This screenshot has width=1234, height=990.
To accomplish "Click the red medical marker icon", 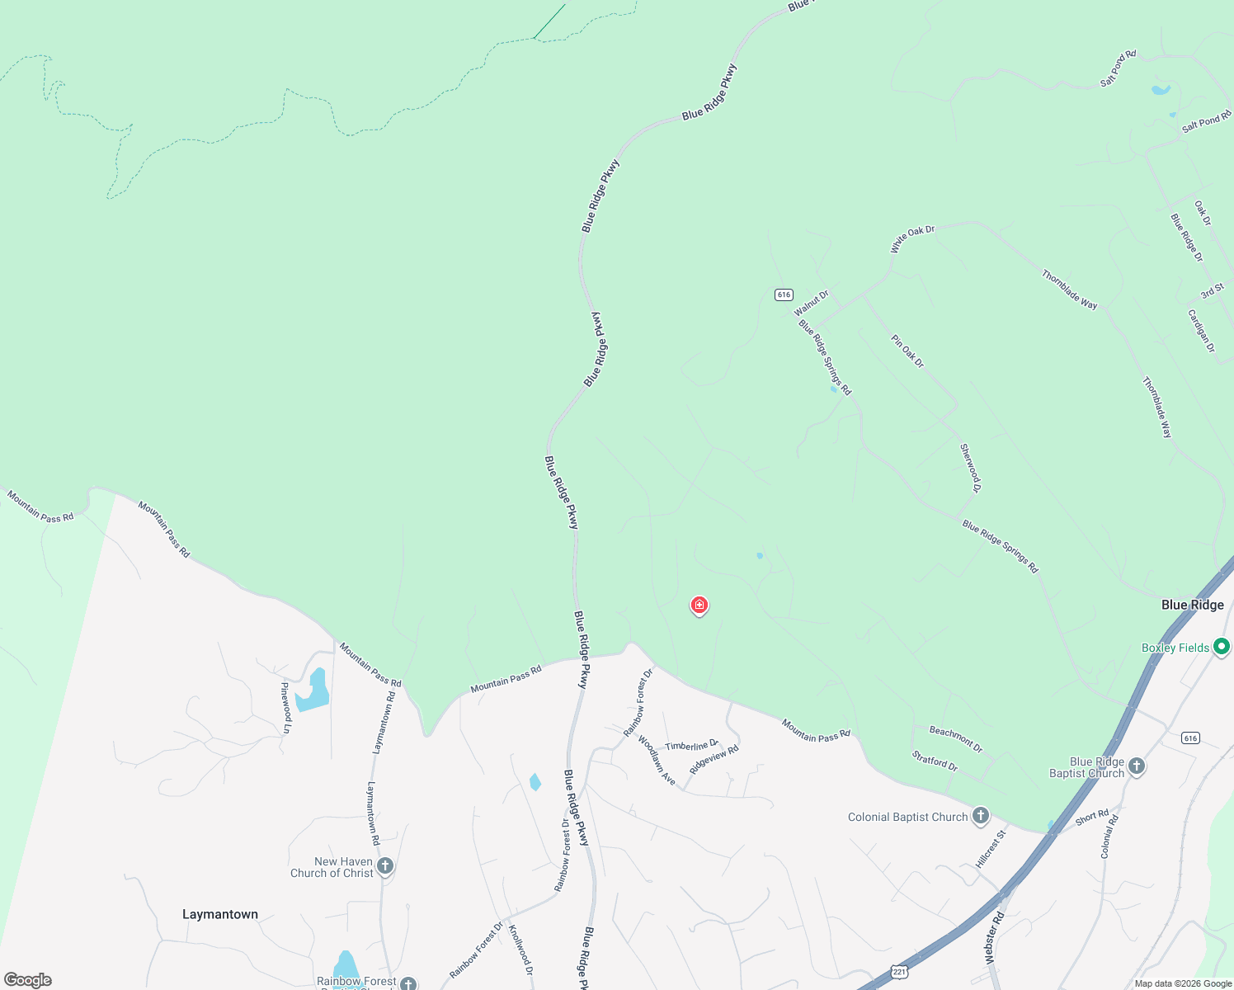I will pos(699,606).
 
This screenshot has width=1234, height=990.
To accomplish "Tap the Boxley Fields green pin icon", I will pos(1222,647).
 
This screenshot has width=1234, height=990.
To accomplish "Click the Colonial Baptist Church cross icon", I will pos(981,817).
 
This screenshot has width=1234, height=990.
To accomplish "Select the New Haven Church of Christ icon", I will pos(385,866).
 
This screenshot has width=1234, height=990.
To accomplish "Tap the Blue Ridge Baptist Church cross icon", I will pos(1137,766).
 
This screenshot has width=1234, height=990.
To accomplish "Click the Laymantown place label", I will pos(220,914).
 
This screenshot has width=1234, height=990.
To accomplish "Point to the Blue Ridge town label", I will pos(1192,605).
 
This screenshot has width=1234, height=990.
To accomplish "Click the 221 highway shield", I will pos(900,972).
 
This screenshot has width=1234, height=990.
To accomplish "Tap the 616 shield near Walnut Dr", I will pos(784,295).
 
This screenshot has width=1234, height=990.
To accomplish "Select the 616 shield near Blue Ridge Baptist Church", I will pos(1189,738).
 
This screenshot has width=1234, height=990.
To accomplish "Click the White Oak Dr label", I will pos(912,239).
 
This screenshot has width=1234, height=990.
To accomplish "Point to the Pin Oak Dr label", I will pos(907,351).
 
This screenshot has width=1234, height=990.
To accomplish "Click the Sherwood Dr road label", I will pos(970,468).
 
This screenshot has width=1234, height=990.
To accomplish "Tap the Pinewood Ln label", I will pos(286,707).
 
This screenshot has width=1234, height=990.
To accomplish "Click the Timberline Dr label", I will pos(691,746).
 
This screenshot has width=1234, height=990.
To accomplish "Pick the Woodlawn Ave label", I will pos(657,760).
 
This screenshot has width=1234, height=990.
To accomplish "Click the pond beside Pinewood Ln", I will pos(313,691).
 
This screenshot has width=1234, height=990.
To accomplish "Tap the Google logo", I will pos(28,980).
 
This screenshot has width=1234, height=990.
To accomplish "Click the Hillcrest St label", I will pos(991,849).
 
